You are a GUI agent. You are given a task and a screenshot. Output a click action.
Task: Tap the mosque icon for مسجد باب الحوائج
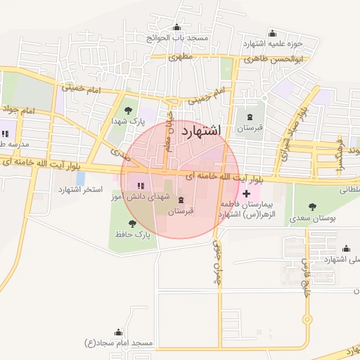click(176, 27)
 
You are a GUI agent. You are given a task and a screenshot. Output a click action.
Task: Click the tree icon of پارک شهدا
click(127, 110)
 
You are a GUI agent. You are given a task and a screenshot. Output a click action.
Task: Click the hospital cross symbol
click(246, 193)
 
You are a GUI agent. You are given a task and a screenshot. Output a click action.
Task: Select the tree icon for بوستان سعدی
click(312, 207)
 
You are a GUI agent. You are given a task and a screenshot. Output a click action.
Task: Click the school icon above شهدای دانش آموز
click(130, 184)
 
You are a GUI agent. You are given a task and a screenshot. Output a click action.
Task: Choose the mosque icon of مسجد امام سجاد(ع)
click(117, 332)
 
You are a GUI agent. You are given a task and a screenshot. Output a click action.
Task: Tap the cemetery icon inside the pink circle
click(183, 200)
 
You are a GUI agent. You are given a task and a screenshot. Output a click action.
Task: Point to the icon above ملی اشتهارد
click(345, 248)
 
